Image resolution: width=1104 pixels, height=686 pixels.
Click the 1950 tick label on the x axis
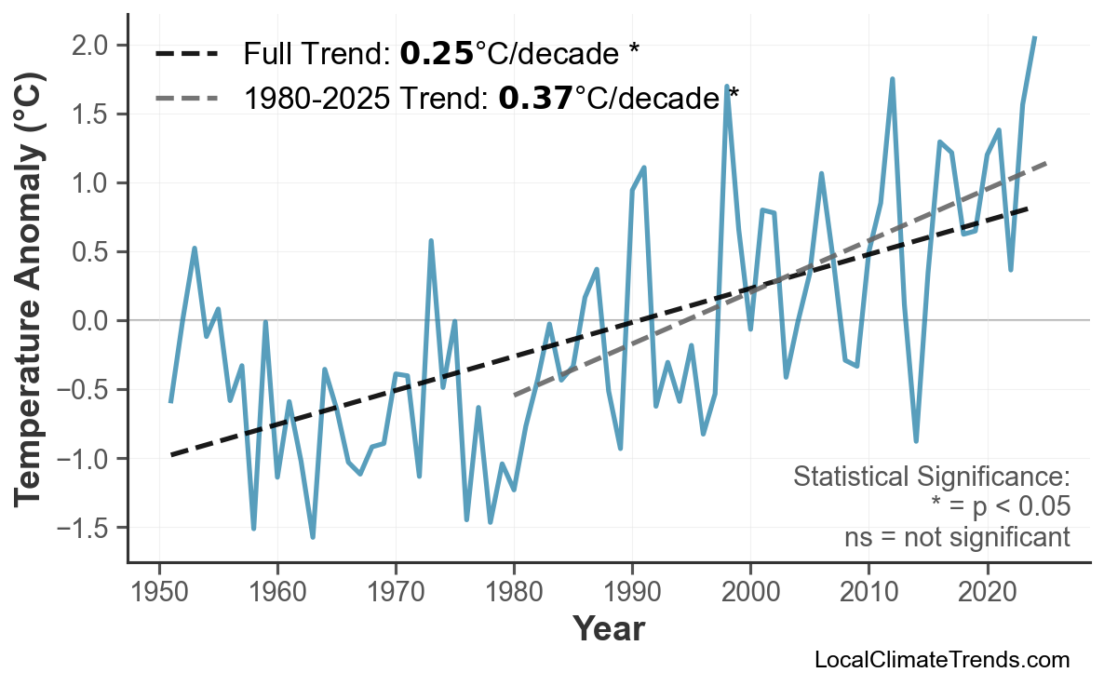(159, 594)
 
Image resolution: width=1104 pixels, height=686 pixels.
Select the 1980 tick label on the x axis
(514, 594)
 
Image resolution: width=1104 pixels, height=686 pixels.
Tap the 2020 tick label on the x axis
(987, 594)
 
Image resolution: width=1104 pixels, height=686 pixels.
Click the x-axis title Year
(608, 629)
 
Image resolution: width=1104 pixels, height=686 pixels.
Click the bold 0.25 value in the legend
(437, 54)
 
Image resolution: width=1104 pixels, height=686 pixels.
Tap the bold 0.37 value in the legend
(535, 97)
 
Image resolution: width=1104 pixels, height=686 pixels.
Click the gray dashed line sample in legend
(186, 97)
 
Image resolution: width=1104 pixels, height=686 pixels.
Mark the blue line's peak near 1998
(726, 86)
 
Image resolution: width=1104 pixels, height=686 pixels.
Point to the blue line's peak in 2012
(892, 79)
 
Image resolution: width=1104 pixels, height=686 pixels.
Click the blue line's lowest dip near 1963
(313, 537)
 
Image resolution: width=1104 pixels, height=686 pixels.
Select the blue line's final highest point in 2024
(1034, 37)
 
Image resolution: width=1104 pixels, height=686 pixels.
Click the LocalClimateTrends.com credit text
(941, 660)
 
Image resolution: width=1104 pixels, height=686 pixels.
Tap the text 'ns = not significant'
(956, 537)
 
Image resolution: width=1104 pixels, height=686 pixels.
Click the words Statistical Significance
(931, 478)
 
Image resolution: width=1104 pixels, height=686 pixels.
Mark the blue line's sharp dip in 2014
(916, 441)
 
